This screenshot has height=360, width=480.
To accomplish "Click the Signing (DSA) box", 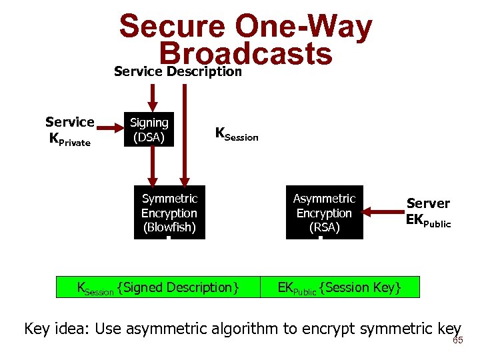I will [x=149, y=129].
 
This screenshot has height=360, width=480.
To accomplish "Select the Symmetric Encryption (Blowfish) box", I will [x=169, y=212].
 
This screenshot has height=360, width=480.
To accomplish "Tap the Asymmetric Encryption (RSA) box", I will [x=325, y=212].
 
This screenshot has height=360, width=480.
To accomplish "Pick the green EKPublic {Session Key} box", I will [x=339, y=287].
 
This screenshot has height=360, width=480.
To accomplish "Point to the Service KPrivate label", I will [x=69, y=131].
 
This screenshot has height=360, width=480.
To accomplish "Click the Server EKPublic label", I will [x=428, y=212].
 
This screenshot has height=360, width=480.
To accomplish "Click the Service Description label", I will [x=177, y=71].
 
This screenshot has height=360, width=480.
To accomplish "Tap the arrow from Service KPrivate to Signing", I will [x=111, y=129].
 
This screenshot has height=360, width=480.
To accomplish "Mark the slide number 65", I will [x=457, y=341].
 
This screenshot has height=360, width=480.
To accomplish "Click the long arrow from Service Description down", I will [x=187, y=133].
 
